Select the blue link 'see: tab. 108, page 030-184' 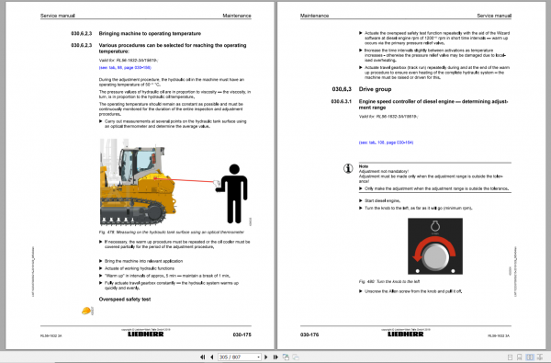(x=374, y=142)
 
